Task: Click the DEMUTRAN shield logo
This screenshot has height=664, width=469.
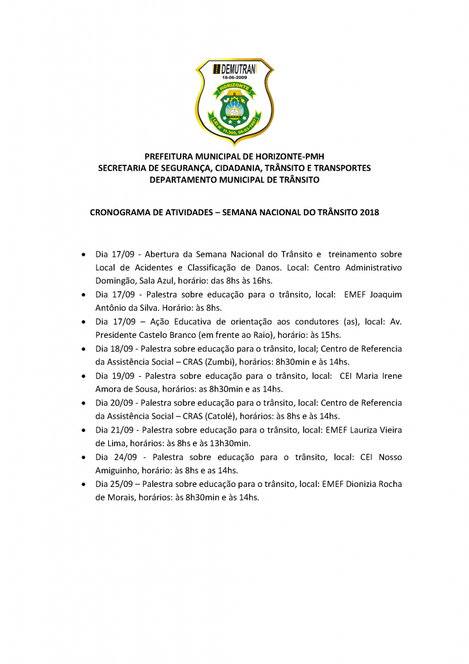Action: click(x=234, y=101)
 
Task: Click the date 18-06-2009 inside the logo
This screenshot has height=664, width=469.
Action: click(x=234, y=77)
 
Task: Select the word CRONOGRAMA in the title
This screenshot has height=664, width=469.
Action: click(x=118, y=212)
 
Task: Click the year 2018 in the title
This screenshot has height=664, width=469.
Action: click(x=369, y=212)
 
